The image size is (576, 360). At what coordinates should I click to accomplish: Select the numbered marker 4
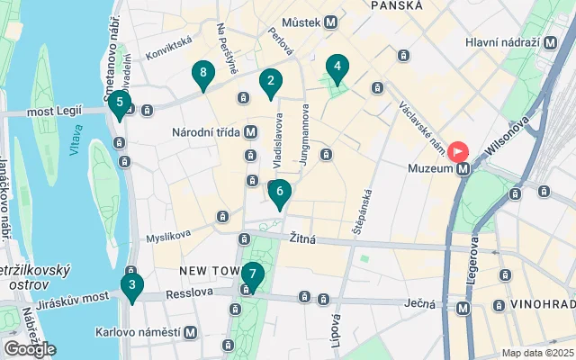[x=337, y=67]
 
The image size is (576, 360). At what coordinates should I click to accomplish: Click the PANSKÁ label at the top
[x=395, y=5]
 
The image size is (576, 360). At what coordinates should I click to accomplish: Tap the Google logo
[x=30, y=348]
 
